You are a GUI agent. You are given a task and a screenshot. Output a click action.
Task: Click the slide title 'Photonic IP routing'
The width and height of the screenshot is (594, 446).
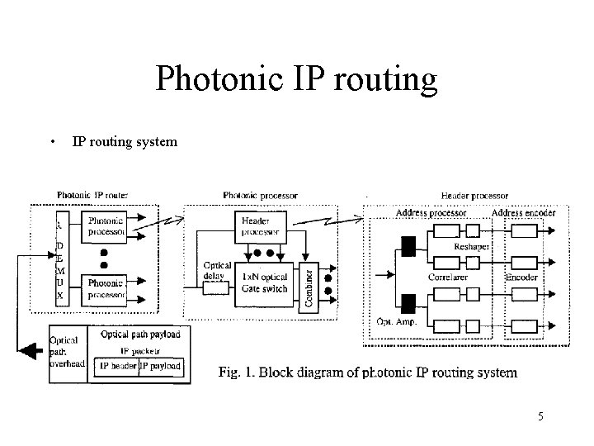point(295,78)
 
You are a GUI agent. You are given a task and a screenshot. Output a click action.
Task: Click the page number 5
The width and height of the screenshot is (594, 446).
point(540,417)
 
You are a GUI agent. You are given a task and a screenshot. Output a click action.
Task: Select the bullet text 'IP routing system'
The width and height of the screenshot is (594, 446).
point(125,141)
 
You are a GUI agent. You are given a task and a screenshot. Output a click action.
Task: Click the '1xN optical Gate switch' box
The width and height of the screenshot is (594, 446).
point(264,283)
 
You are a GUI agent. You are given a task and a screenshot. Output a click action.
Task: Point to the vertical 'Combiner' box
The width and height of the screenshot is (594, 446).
point(309,285)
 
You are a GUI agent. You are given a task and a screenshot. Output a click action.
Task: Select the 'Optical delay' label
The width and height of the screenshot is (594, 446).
point(217,271)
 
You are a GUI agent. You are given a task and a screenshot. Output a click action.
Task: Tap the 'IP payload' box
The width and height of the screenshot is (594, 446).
point(160,366)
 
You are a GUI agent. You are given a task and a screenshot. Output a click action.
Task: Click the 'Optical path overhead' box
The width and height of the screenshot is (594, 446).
point(66,352)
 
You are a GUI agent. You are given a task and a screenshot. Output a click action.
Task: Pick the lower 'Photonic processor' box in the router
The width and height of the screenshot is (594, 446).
point(106,288)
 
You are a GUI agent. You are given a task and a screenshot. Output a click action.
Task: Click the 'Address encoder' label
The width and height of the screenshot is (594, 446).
point(523,213)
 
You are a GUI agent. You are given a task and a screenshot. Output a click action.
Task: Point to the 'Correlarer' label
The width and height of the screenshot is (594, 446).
point(448,278)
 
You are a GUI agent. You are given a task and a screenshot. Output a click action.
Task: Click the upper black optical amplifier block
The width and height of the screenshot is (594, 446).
point(408,245)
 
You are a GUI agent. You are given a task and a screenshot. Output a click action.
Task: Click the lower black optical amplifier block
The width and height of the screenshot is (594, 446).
point(408,303)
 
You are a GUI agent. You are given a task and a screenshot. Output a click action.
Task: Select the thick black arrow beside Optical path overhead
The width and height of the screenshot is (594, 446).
point(32,352)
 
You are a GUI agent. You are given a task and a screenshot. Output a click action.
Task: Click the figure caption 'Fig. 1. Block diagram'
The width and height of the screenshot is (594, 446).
point(367,372)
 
